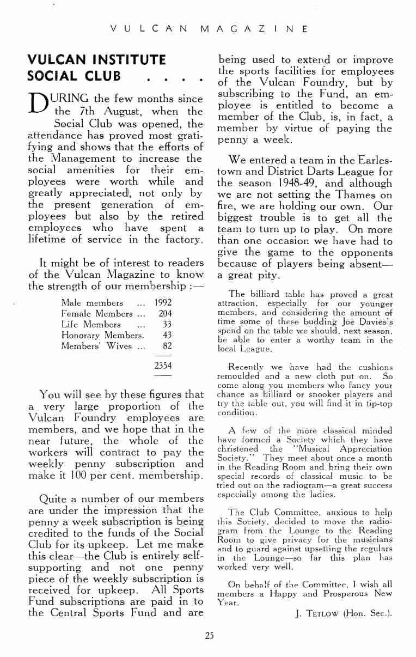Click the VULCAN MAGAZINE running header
tap(208, 29)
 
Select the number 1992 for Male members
tap(163, 303)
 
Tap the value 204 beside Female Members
tap(165, 314)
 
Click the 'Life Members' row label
tap(91, 325)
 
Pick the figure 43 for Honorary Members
tap(167, 336)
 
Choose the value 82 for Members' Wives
tap(167, 346)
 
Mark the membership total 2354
tap(163, 366)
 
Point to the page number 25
tap(209, 635)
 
